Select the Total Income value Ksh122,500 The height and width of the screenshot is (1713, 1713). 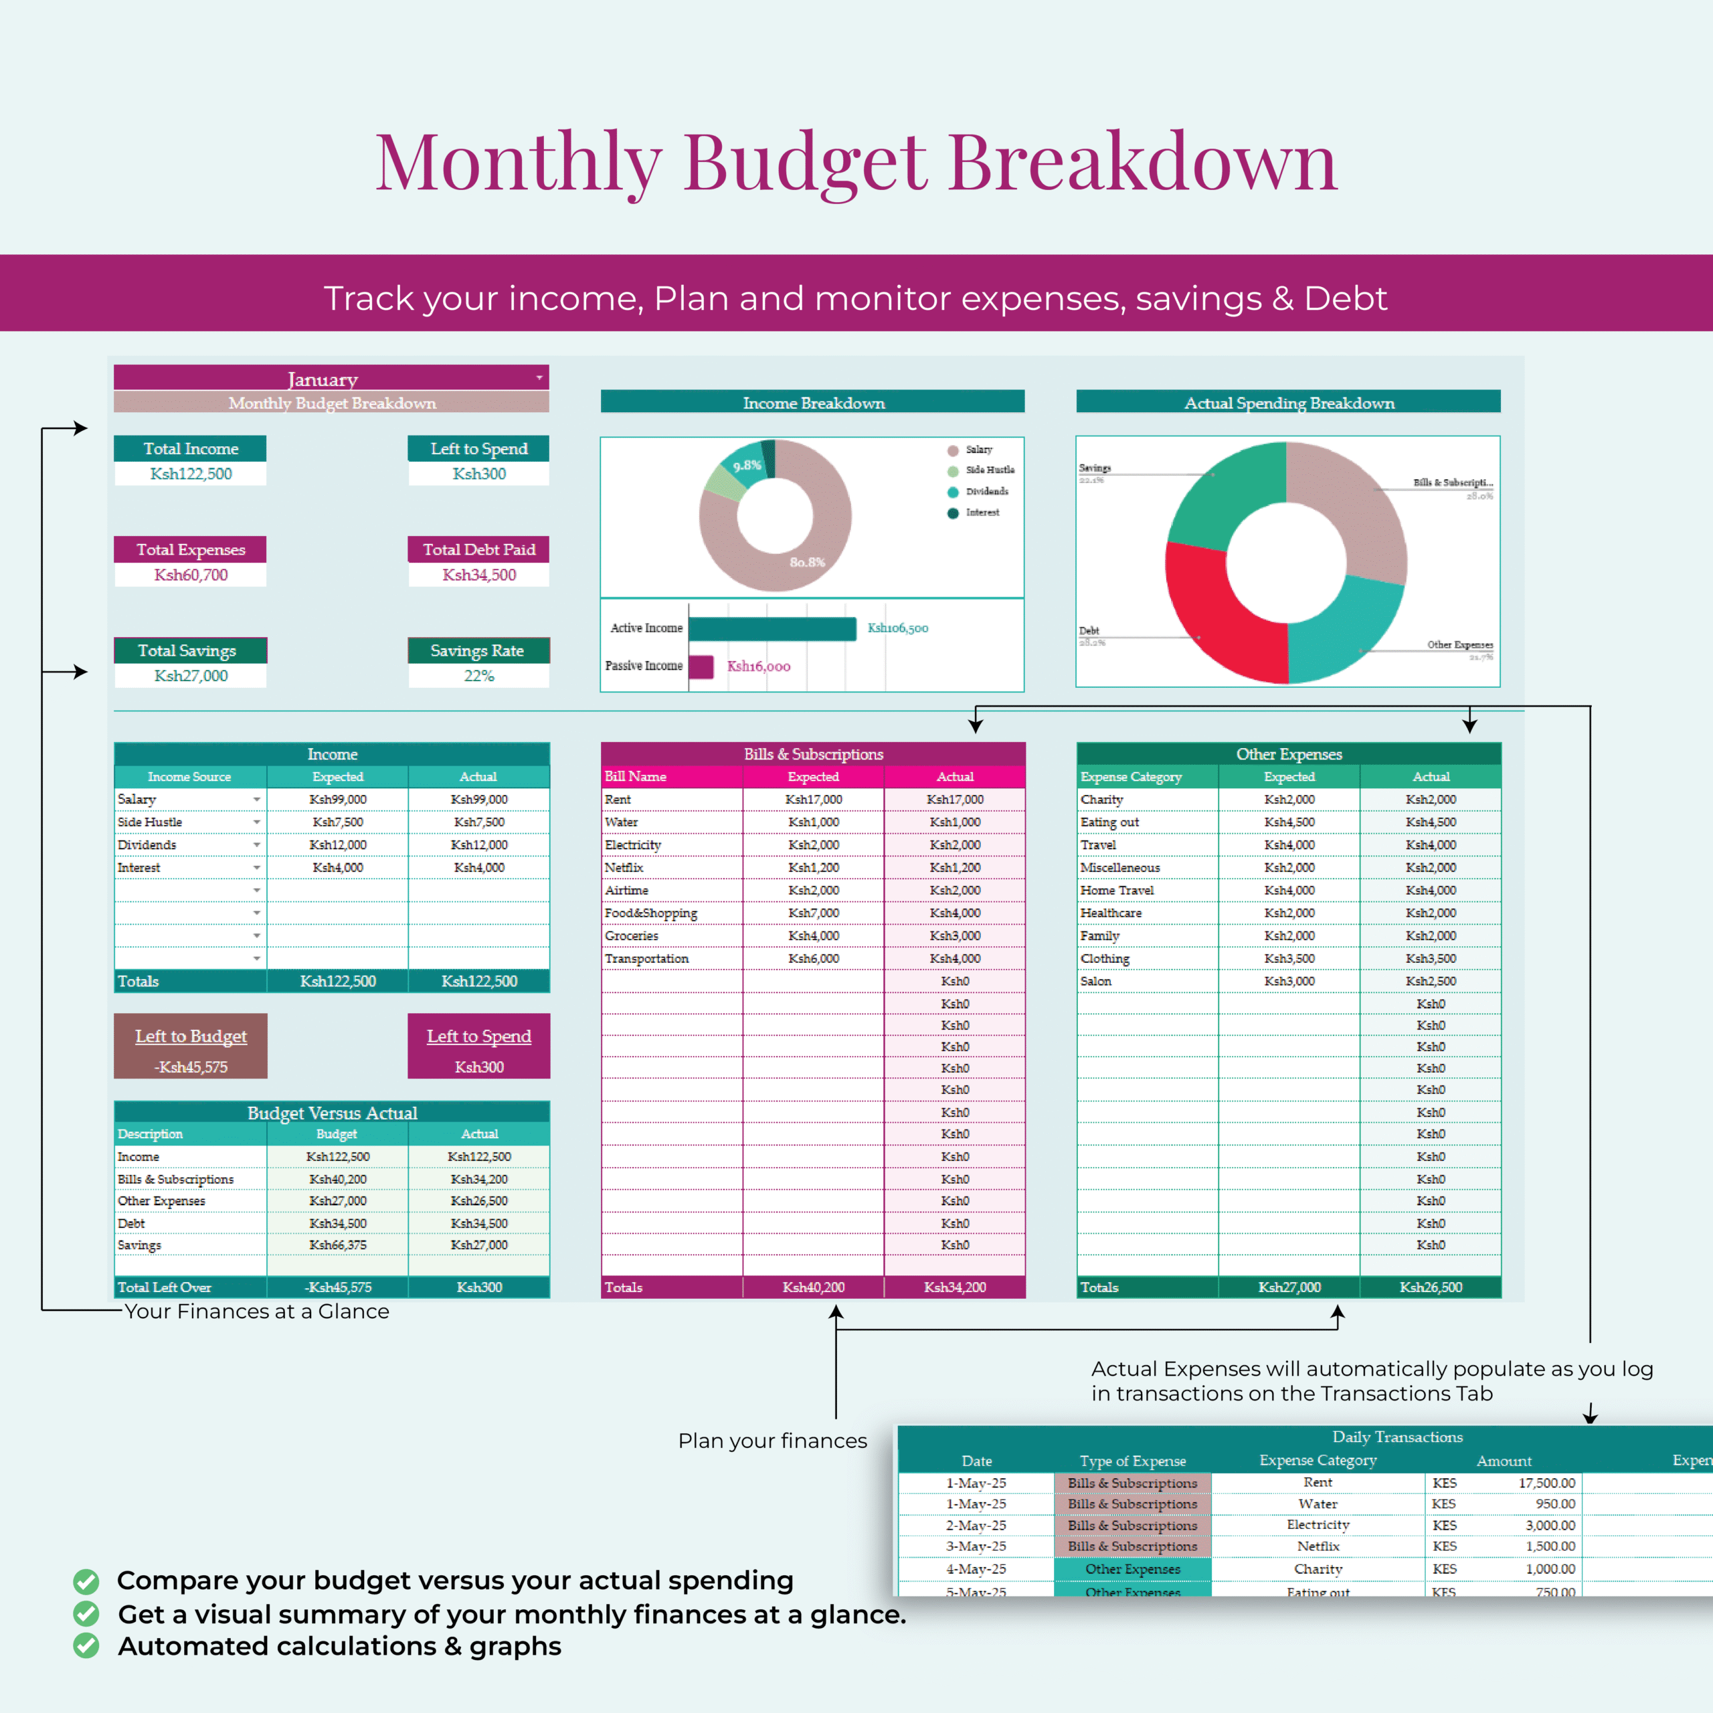(x=191, y=474)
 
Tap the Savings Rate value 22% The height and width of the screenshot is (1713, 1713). (x=479, y=676)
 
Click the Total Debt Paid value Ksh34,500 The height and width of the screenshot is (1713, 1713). (x=479, y=575)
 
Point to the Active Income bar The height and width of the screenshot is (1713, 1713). (x=772, y=628)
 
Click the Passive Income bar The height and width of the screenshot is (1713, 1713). (x=701, y=666)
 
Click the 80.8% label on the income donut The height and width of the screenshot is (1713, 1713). (x=807, y=562)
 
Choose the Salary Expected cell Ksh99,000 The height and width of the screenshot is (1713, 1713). (x=338, y=800)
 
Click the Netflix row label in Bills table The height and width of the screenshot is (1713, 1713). (x=624, y=867)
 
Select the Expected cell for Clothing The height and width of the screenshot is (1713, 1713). (x=1289, y=958)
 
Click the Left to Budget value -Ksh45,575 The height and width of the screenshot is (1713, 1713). (x=191, y=1067)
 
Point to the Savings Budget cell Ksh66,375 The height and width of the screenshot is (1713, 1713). (x=338, y=1245)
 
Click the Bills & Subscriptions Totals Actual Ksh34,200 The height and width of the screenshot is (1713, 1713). (x=955, y=1287)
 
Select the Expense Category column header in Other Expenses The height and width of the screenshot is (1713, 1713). (x=1132, y=777)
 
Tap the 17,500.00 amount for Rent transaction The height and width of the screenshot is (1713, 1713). (x=1546, y=1482)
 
